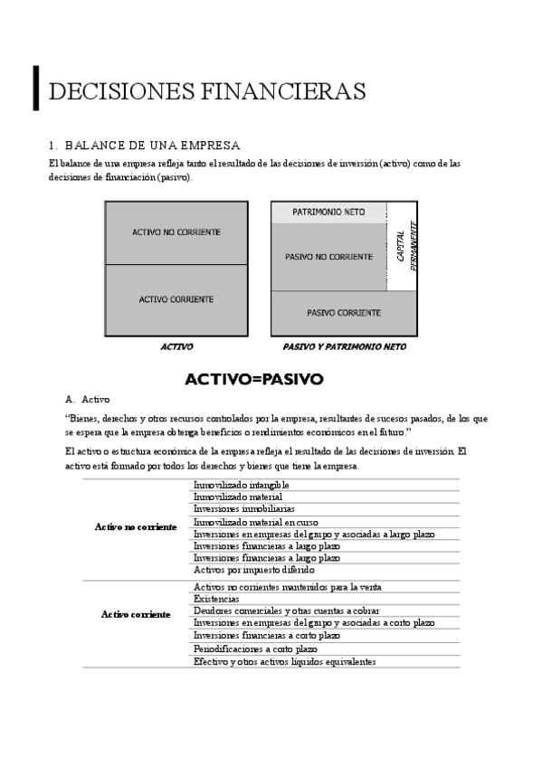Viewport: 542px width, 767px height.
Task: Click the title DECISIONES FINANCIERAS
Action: pyautogui.click(x=206, y=91)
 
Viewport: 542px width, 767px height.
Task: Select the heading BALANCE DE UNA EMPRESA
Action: pyautogui.click(x=145, y=145)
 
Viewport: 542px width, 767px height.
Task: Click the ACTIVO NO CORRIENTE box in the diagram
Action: pyautogui.click(x=176, y=232)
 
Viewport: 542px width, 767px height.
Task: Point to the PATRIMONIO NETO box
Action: pyautogui.click(x=328, y=212)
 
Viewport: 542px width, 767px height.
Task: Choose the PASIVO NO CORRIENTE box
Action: pyautogui.click(x=328, y=257)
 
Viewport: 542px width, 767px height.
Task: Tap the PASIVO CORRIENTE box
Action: pyautogui.click(x=344, y=312)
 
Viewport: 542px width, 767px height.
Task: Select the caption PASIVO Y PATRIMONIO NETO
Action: pyautogui.click(x=344, y=346)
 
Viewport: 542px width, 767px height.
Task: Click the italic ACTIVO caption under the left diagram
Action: pyautogui.click(x=176, y=346)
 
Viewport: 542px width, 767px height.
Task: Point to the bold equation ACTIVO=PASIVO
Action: pyautogui.click(x=253, y=379)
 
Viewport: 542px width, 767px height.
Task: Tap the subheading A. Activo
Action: pyautogui.click(x=89, y=399)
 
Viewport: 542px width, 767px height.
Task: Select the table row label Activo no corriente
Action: pyautogui.click(x=136, y=527)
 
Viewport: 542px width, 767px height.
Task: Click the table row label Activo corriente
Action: pyautogui.click(x=136, y=614)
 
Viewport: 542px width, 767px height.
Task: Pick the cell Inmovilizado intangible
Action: pyautogui.click(x=242, y=485)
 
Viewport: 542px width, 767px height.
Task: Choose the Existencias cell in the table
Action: pyautogui.click(x=216, y=599)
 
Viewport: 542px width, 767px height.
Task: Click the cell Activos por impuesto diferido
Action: pyautogui.click(x=254, y=571)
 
